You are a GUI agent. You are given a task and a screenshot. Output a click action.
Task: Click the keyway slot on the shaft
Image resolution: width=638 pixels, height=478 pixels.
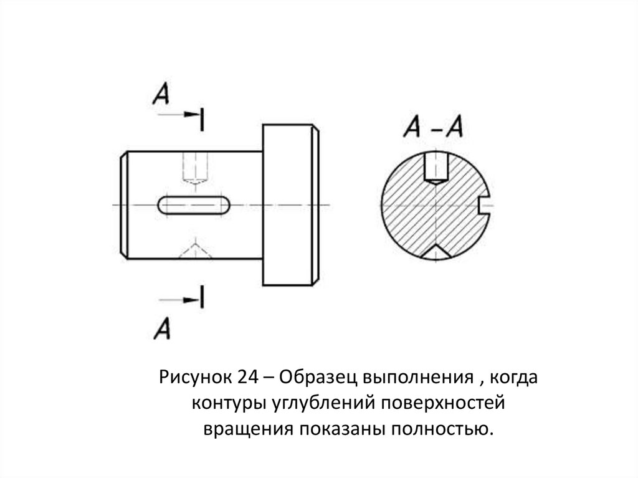point(194,205)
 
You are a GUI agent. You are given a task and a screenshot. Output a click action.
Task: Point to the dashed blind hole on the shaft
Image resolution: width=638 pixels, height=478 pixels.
point(194,168)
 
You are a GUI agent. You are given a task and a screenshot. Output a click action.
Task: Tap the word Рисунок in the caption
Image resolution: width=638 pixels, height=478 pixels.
point(194,378)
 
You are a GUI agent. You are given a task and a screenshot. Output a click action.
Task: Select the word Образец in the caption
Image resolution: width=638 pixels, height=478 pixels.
point(310,378)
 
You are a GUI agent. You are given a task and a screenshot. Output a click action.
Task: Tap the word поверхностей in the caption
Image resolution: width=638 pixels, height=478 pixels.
point(441,403)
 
